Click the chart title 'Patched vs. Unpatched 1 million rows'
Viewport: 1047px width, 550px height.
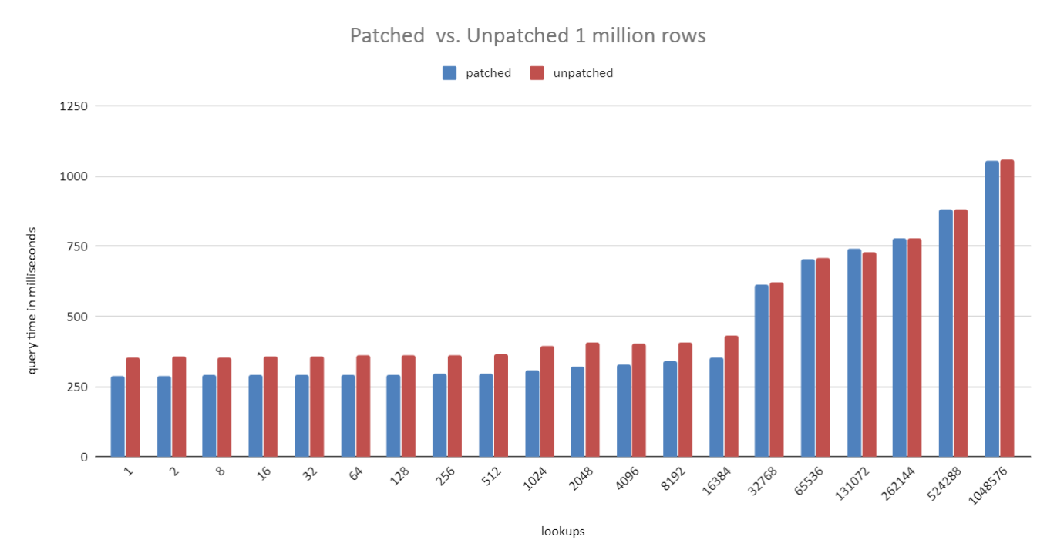point(527,35)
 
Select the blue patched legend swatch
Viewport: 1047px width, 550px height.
point(450,73)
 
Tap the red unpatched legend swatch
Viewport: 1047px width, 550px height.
point(537,73)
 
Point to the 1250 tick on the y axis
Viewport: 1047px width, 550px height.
point(74,106)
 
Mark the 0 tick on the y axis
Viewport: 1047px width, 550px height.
point(84,457)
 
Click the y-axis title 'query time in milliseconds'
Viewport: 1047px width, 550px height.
point(32,300)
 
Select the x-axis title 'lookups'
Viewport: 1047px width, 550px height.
point(563,531)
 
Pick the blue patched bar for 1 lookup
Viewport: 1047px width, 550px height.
point(117,416)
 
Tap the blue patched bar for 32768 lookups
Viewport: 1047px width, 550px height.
point(762,371)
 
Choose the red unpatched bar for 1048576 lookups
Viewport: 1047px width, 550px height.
point(1007,308)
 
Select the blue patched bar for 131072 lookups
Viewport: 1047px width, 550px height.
point(854,353)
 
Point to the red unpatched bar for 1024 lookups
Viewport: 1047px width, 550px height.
point(547,401)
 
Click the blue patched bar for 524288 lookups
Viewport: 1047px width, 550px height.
point(946,333)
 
